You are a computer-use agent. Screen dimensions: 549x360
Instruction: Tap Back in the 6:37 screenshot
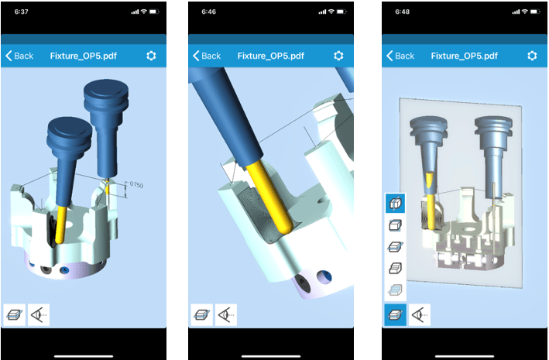coord(19,56)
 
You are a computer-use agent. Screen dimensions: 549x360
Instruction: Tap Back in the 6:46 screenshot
coord(207,56)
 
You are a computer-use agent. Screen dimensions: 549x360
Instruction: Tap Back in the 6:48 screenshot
coord(400,56)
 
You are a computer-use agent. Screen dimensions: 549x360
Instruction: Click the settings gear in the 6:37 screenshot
coord(151,56)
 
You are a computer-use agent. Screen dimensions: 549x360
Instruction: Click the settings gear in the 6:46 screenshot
coord(338,56)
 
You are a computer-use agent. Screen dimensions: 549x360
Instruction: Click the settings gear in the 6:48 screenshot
coord(532,56)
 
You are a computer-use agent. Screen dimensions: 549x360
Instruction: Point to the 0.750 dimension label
coord(136,184)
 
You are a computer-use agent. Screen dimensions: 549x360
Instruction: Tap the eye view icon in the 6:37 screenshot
coord(39,315)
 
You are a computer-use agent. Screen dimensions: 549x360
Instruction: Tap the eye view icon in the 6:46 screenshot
coord(226,315)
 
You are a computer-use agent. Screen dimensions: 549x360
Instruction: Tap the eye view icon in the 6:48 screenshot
coord(420,315)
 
